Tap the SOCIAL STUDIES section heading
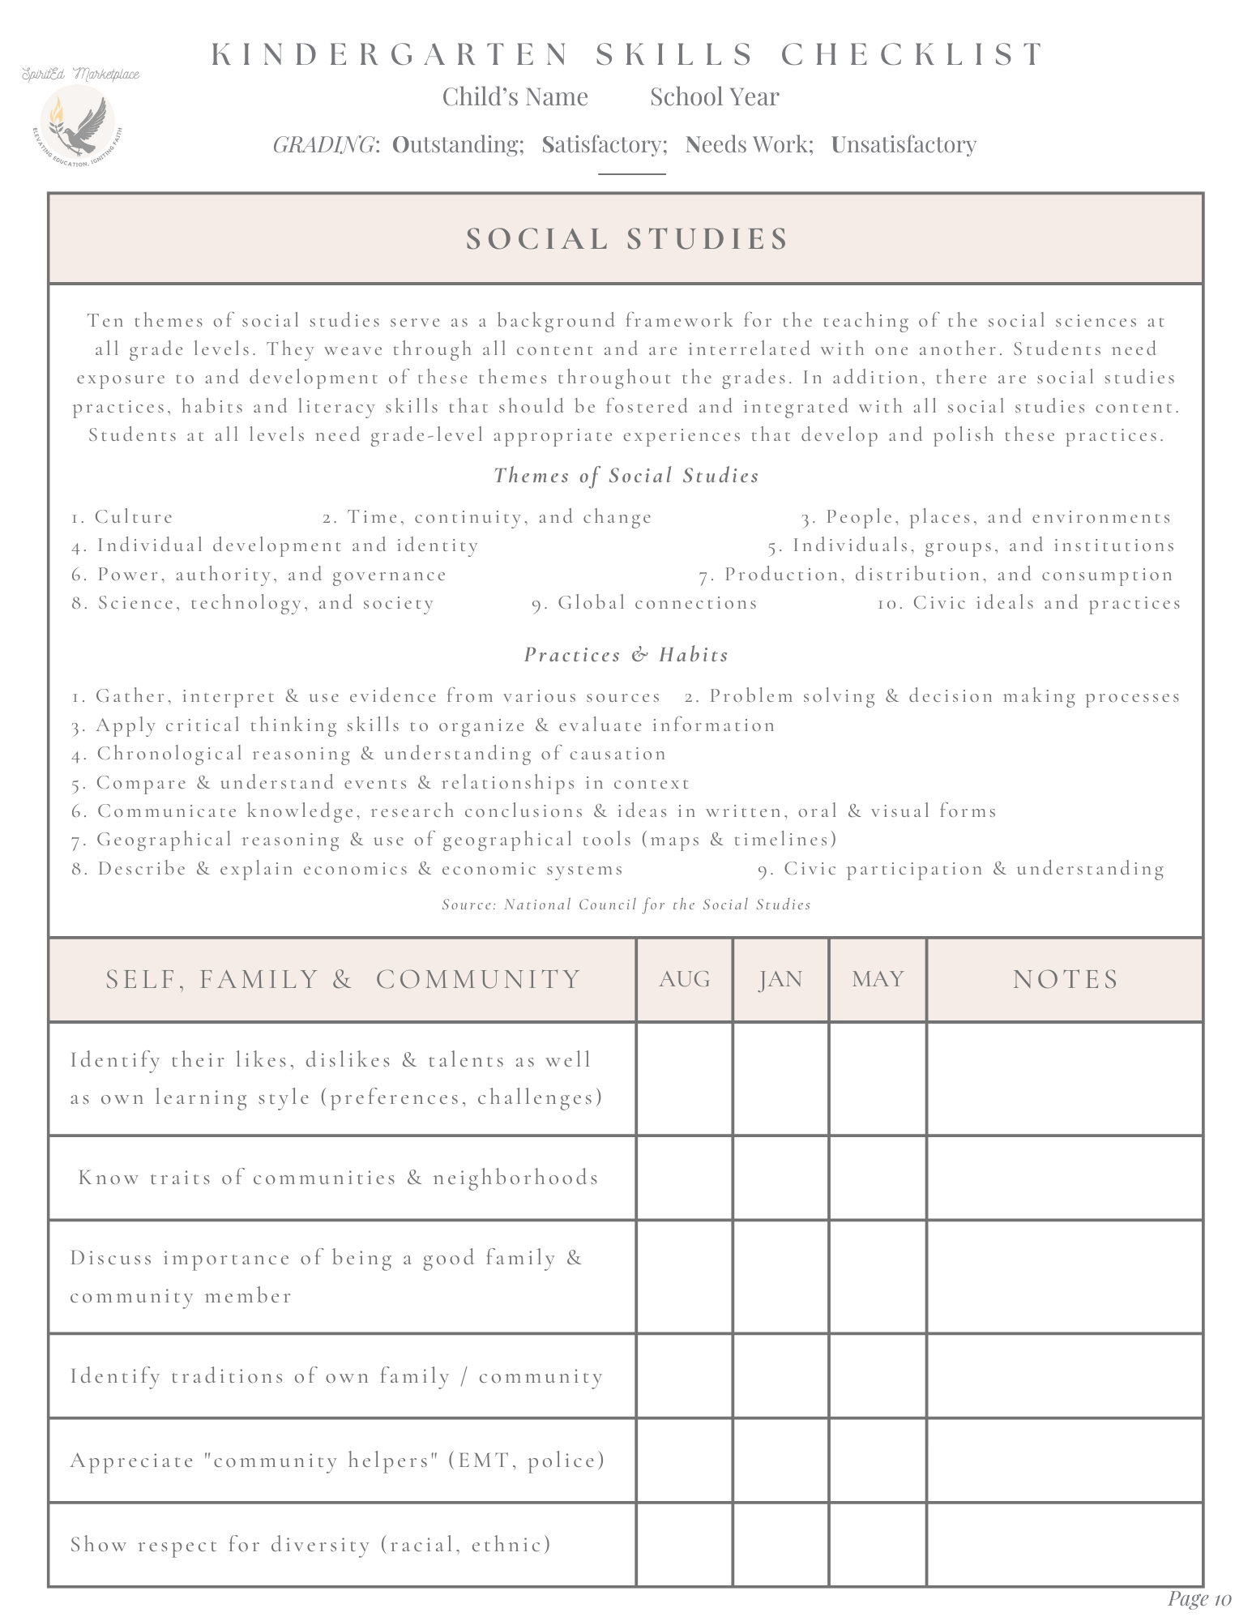[x=626, y=239]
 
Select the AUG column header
[x=685, y=979]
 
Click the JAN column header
[x=780, y=979]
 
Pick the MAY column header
[x=878, y=979]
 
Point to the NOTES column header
[x=1065, y=979]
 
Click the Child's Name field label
[x=515, y=96]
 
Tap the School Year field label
[x=714, y=96]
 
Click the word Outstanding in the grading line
[x=458, y=144]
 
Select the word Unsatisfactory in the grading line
[x=904, y=144]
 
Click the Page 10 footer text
[x=1199, y=1598]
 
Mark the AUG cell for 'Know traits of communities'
[x=685, y=1178]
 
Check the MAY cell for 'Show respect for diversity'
[x=878, y=1544]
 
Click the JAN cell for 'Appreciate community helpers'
[x=780, y=1460]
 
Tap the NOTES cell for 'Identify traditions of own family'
[x=1065, y=1375]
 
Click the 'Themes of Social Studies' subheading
[x=626, y=476]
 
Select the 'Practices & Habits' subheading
[x=626, y=655]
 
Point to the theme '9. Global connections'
[x=644, y=603]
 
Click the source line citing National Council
[x=626, y=905]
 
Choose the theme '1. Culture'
[x=122, y=517]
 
